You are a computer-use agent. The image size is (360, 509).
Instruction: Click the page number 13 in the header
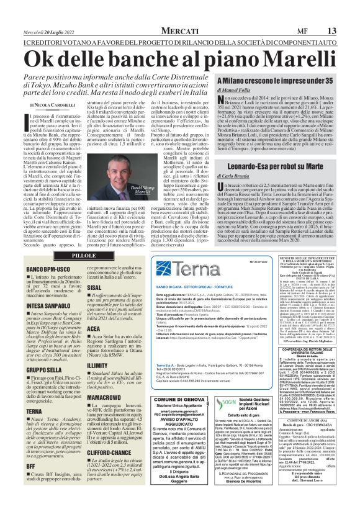[349, 12]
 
